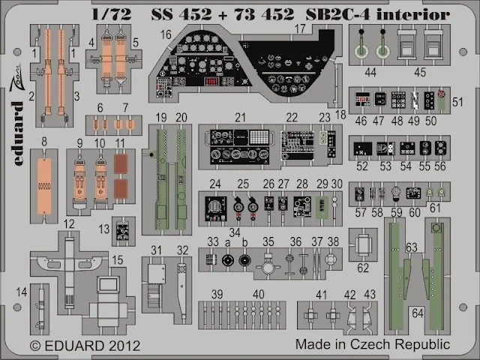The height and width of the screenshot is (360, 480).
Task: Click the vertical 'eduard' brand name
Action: (x=18, y=138)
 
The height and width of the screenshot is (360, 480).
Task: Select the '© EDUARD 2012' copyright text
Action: (x=75, y=346)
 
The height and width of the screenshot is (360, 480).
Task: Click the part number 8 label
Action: (x=43, y=140)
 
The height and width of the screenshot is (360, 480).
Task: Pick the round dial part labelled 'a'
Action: (x=227, y=260)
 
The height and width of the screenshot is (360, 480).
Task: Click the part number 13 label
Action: (x=105, y=229)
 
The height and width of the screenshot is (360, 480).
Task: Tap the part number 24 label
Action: (x=214, y=184)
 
